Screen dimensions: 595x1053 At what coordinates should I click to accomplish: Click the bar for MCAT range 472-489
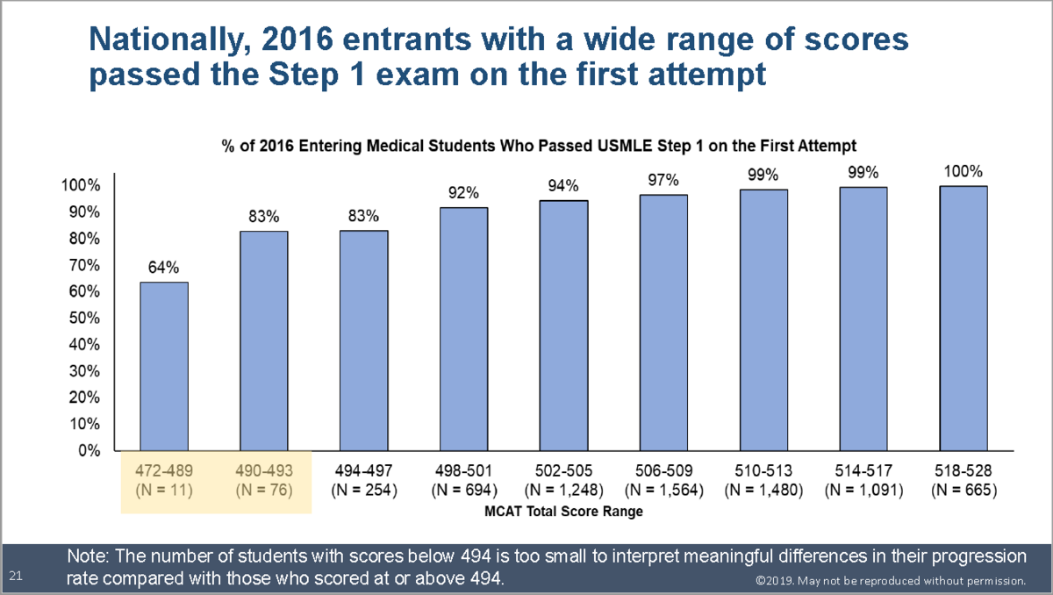click(x=164, y=366)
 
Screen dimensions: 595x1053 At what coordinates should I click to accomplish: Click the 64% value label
click(x=164, y=266)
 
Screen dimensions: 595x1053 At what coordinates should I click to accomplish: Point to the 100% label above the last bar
click(x=963, y=171)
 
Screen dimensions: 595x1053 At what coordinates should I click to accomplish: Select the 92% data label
click(x=463, y=192)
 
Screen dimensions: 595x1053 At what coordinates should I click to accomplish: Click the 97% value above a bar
click(x=663, y=180)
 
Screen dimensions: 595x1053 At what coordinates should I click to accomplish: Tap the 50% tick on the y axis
click(x=81, y=318)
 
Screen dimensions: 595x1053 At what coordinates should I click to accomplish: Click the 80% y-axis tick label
click(x=81, y=238)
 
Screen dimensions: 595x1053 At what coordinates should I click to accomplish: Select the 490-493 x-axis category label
click(x=264, y=471)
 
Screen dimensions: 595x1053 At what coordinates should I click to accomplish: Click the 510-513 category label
click(x=763, y=471)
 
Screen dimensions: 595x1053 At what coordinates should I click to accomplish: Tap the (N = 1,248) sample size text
click(x=563, y=490)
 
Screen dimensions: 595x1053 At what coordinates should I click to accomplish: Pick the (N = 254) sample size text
click(x=364, y=490)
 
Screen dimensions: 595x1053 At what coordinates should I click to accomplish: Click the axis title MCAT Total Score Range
click(x=562, y=511)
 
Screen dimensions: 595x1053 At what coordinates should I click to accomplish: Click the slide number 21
click(x=15, y=576)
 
